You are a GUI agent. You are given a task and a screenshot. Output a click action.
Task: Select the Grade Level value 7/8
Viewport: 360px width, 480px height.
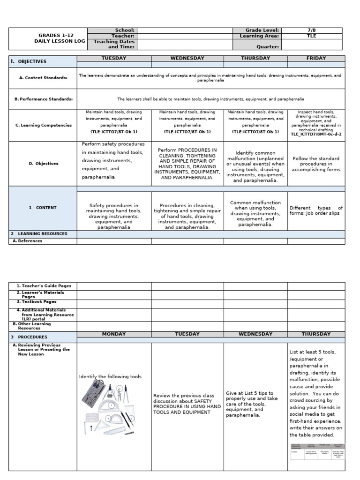(312, 30)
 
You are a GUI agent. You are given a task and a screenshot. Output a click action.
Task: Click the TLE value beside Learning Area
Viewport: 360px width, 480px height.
(312, 36)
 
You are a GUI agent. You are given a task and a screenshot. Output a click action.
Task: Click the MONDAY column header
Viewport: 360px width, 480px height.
(114, 334)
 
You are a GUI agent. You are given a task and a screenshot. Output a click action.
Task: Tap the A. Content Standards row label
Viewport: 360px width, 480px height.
(43, 78)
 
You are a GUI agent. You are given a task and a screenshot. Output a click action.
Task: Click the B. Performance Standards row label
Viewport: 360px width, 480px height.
(44, 99)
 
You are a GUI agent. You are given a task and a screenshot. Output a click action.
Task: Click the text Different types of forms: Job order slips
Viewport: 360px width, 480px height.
(316, 210)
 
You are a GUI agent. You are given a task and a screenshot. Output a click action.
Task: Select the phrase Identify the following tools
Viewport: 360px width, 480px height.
(110, 377)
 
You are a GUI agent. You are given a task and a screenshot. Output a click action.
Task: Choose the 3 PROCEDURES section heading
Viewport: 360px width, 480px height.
(30, 337)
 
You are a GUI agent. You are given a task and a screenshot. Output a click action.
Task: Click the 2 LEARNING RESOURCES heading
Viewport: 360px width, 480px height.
(39, 233)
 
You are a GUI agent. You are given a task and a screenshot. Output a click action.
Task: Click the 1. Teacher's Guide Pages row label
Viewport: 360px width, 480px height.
(42, 285)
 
